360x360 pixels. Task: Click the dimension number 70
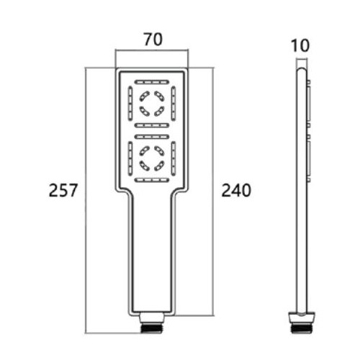153,40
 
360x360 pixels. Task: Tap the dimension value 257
63,190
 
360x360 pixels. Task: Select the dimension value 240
236,190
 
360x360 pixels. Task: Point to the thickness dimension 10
300,45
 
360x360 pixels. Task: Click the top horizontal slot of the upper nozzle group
152,82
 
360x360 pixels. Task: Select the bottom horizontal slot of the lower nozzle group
152,180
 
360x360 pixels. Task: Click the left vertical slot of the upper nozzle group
130,104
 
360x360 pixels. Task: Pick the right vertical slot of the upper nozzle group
174,104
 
